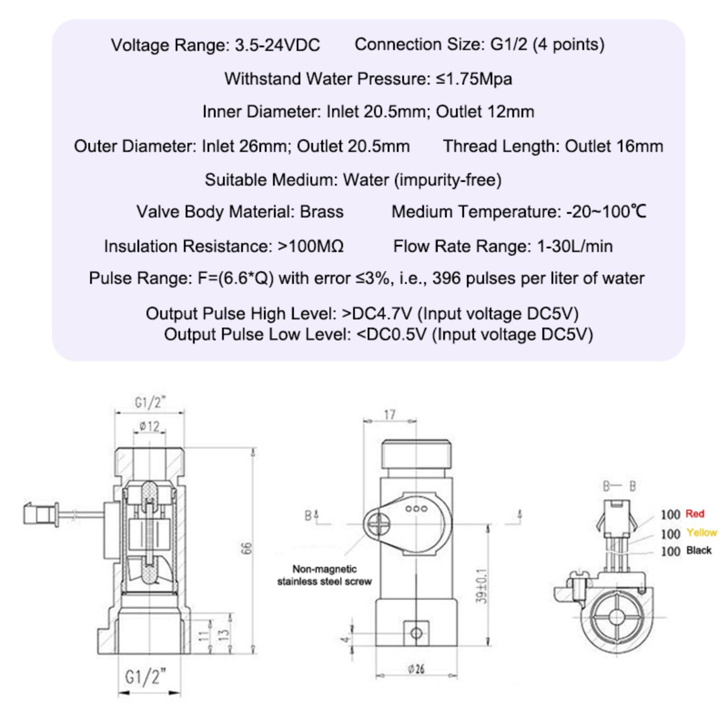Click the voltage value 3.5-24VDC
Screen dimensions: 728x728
click(x=278, y=45)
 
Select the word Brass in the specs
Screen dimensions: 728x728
click(x=322, y=212)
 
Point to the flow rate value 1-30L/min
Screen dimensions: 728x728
click(x=575, y=246)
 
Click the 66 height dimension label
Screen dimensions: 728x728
click(x=246, y=548)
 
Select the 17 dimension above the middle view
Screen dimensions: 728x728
click(x=389, y=415)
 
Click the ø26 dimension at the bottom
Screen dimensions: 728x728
click(x=416, y=669)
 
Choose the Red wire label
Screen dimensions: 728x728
click(x=695, y=514)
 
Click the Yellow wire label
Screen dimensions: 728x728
click(x=702, y=532)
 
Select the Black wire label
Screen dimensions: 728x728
click(x=699, y=551)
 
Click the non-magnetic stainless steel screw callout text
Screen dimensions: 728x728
click(x=324, y=575)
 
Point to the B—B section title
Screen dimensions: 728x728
click(x=619, y=486)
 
